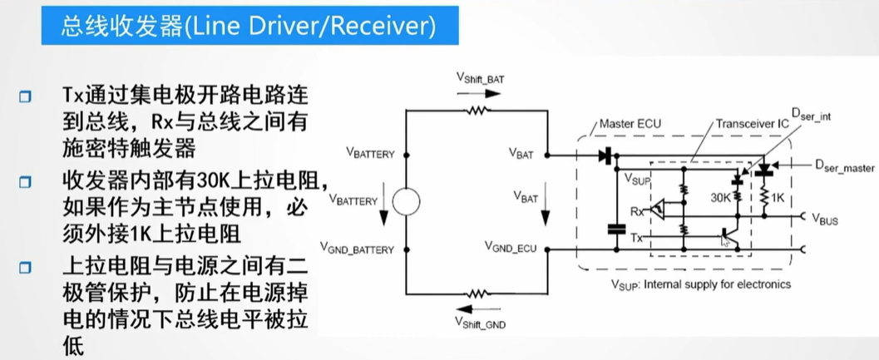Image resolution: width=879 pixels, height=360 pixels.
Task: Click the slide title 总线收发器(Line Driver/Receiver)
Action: click(x=247, y=27)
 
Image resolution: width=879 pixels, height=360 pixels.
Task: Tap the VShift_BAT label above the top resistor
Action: click(x=479, y=78)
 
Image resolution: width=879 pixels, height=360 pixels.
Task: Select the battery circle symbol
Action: click(x=405, y=201)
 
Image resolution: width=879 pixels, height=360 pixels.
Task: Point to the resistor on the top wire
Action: click(x=477, y=110)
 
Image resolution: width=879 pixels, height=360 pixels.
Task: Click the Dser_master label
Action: click(x=842, y=168)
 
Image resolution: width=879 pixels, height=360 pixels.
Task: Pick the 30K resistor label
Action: click(x=722, y=200)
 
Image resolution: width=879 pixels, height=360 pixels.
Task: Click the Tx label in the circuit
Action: click(x=638, y=239)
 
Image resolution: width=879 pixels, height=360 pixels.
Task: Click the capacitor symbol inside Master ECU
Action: click(x=615, y=229)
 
